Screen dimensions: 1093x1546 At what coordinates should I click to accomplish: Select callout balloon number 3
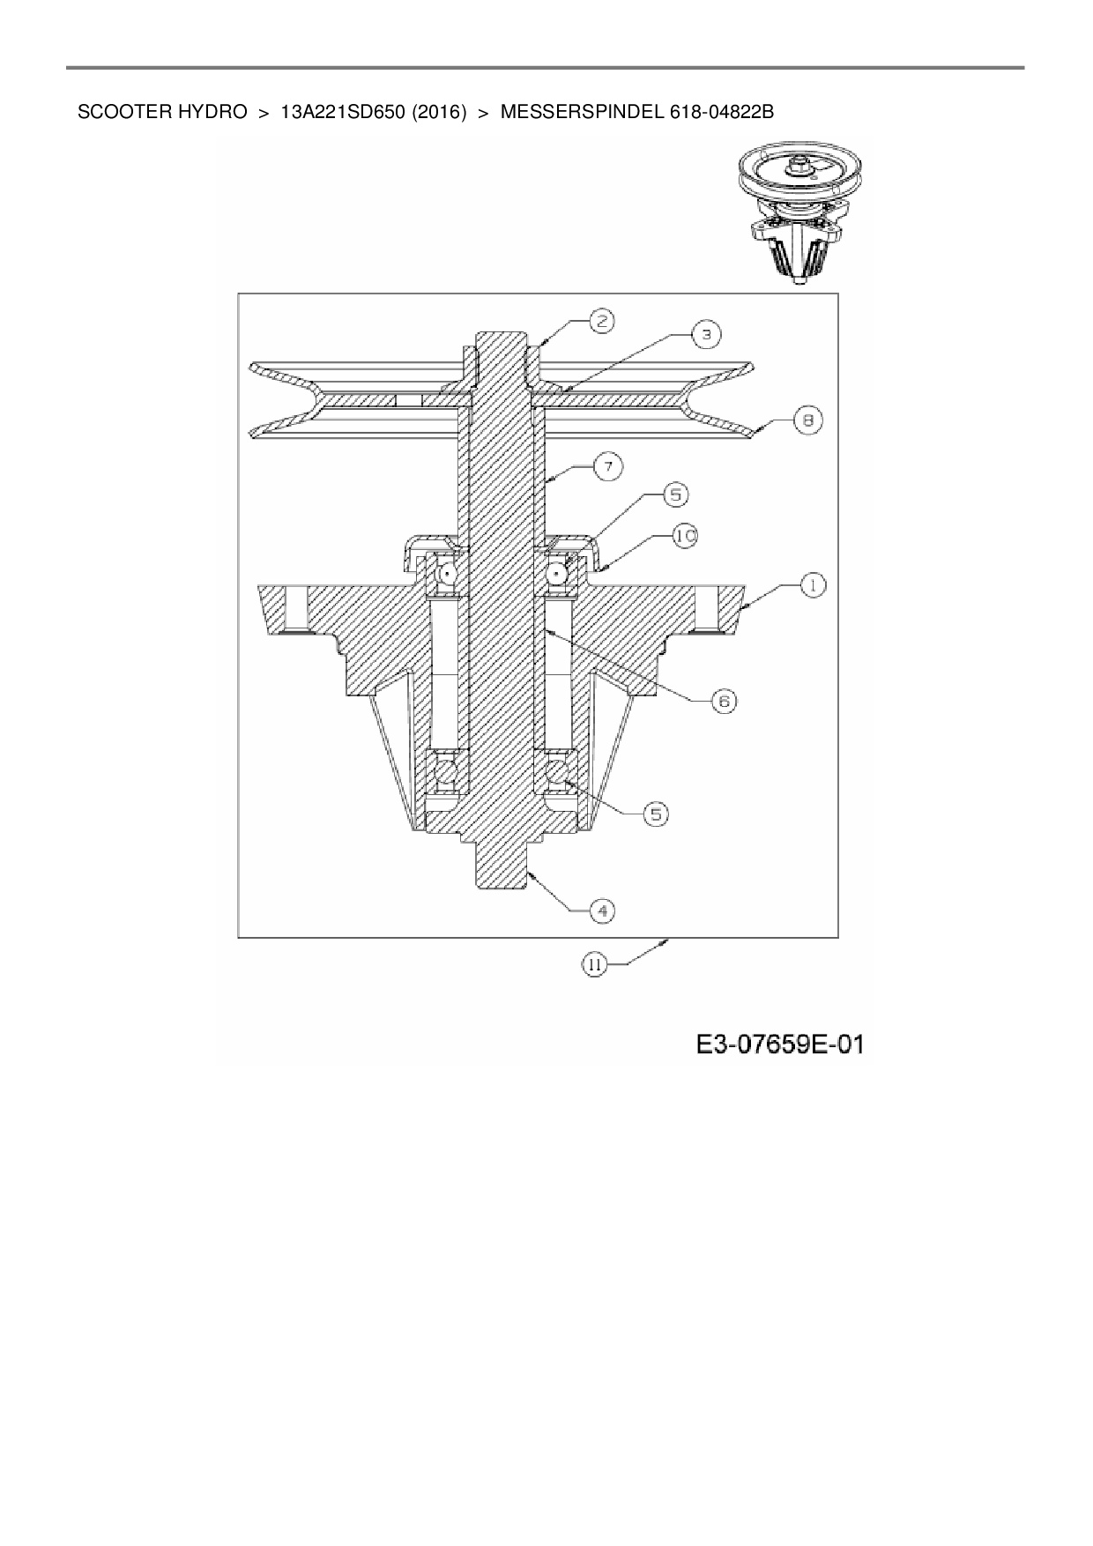[705, 334]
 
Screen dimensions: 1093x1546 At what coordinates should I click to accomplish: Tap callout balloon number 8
[807, 420]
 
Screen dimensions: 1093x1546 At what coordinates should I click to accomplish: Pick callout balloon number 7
[608, 465]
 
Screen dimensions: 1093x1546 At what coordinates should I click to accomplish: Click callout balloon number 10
[685, 535]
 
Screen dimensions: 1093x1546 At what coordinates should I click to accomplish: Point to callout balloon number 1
[812, 583]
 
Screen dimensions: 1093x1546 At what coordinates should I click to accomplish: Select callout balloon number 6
[723, 701]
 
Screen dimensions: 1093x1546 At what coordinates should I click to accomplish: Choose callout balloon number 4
[601, 910]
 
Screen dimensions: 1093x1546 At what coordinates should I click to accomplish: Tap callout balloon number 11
[594, 965]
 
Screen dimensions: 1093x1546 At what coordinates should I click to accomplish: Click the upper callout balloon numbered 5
[675, 495]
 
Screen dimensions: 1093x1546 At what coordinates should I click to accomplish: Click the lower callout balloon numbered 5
[655, 814]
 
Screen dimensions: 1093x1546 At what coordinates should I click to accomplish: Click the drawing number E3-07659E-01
[779, 1045]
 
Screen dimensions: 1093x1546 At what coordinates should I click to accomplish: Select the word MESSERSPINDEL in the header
[576, 113]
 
